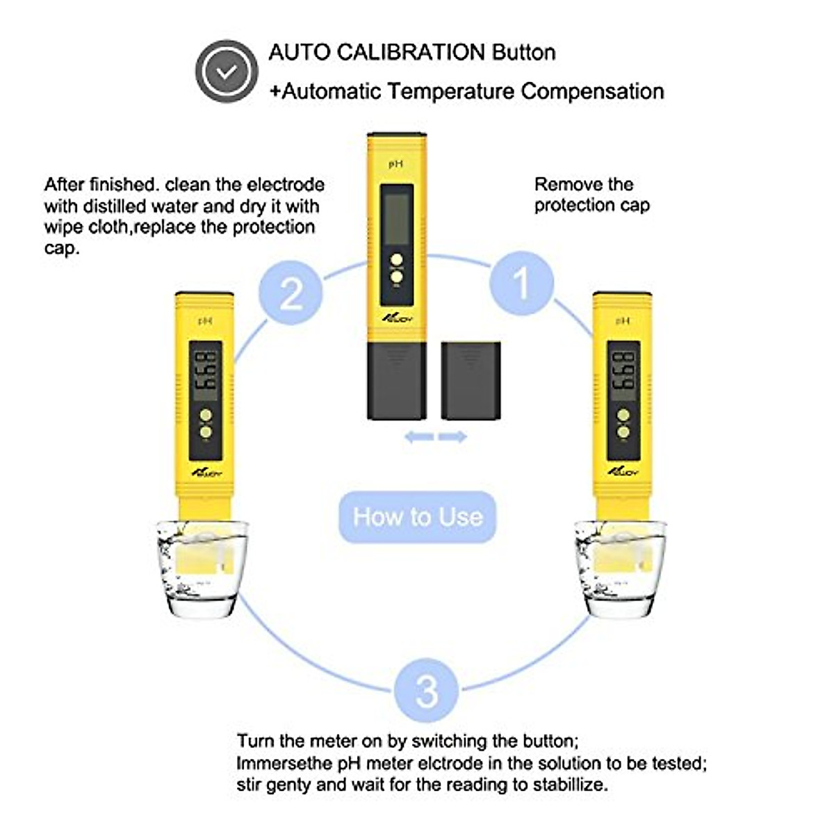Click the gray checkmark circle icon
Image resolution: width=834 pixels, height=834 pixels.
[x=227, y=71]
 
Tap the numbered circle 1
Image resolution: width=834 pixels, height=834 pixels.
[x=521, y=284]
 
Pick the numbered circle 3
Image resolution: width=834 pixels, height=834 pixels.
[x=426, y=690]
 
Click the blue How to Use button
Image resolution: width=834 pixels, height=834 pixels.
[x=417, y=517]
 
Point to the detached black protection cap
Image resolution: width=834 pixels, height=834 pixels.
[x=471, y=380]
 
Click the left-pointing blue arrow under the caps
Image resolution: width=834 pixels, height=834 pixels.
[x=419, y=437]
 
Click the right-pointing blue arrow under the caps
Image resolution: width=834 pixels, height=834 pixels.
[x=452, y=437]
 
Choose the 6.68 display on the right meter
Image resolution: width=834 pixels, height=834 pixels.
[x=623, y=372]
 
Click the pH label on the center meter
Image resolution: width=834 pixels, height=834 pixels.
[x=395, y=164]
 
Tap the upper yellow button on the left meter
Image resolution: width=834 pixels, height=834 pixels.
[x=206, y=416]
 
